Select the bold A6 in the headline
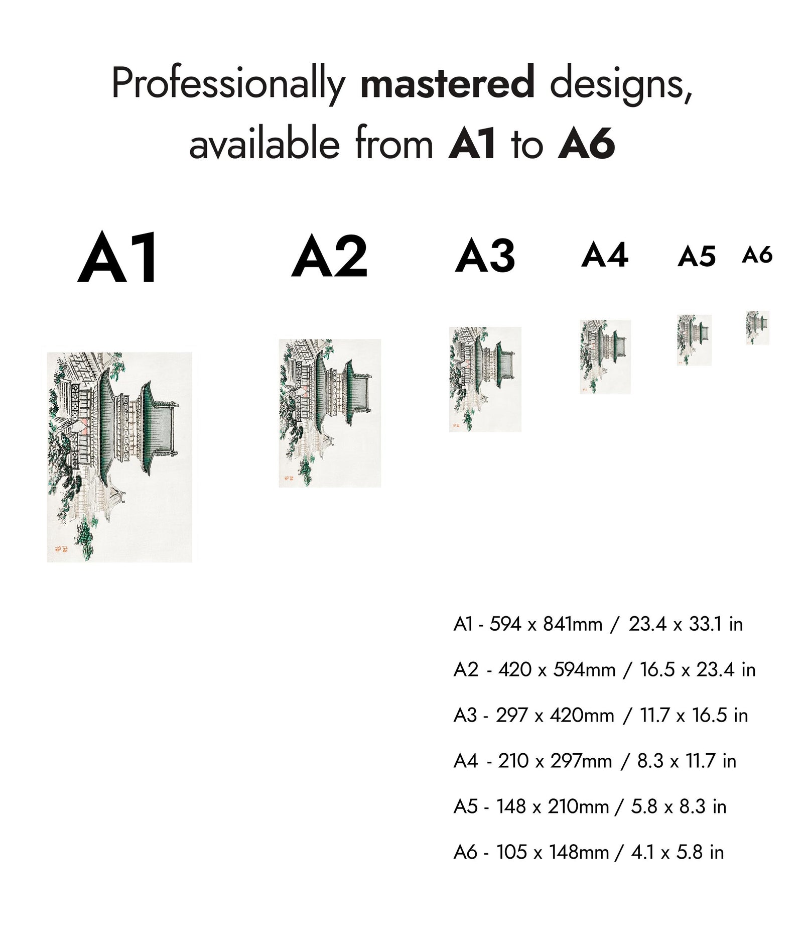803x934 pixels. [x=586, y=144]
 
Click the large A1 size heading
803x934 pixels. [x=118, y=258]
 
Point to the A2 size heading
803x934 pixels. [x=330, y=257]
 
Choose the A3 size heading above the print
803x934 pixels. [x=485, y=256]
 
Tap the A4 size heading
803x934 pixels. [x=605, y=255]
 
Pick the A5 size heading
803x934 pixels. [x=696, y=257]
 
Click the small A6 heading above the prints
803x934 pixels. [x=757, y=255]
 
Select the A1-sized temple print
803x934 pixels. [x=119, y=457]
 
